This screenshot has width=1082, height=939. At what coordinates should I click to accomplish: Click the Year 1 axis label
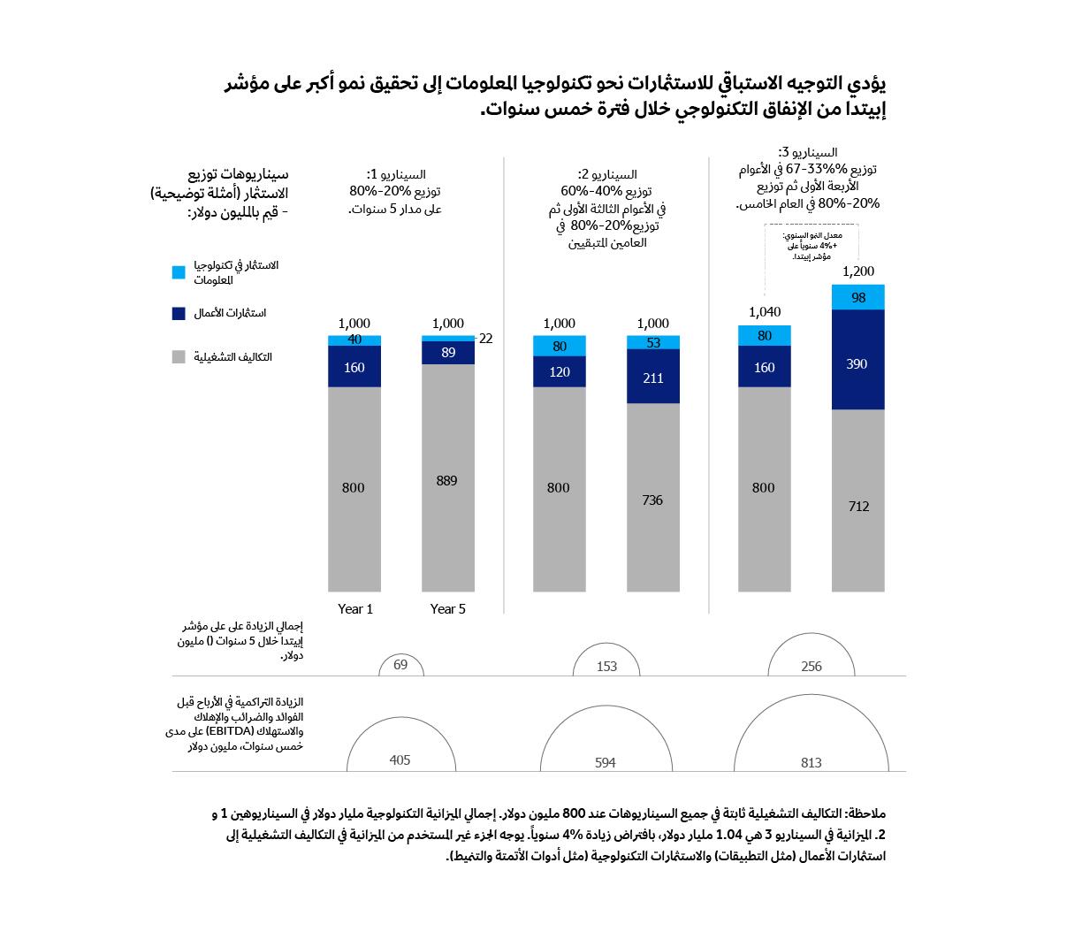pos(355,609)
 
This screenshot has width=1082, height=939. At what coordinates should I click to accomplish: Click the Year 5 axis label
pos(448,609)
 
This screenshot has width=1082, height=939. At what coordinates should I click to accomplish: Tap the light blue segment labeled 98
pos(858,298)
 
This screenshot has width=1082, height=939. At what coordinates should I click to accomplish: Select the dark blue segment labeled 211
pos(653,377)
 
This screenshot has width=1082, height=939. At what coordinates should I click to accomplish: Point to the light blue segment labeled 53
pos(653,343)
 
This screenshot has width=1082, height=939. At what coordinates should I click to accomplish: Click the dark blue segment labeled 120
pos(560,372)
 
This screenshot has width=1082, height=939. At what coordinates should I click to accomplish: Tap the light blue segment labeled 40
pos(354,340)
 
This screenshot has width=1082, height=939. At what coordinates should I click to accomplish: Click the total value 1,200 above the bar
pos(858,271)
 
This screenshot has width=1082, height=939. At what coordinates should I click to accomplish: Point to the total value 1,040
pos(765,312)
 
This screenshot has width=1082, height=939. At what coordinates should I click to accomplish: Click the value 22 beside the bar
pos(485,338)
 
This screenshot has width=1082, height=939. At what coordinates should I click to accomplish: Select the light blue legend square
pos(179,272)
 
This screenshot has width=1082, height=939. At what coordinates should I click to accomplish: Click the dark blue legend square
pos(179,313)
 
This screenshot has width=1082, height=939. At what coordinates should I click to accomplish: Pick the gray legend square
pos(179,357)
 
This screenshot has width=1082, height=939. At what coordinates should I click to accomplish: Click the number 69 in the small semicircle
pos(400,664)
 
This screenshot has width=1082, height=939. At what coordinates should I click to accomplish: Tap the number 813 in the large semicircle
pos(811,762)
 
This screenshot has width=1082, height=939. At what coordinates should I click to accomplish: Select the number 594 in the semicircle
pos(606,762)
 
